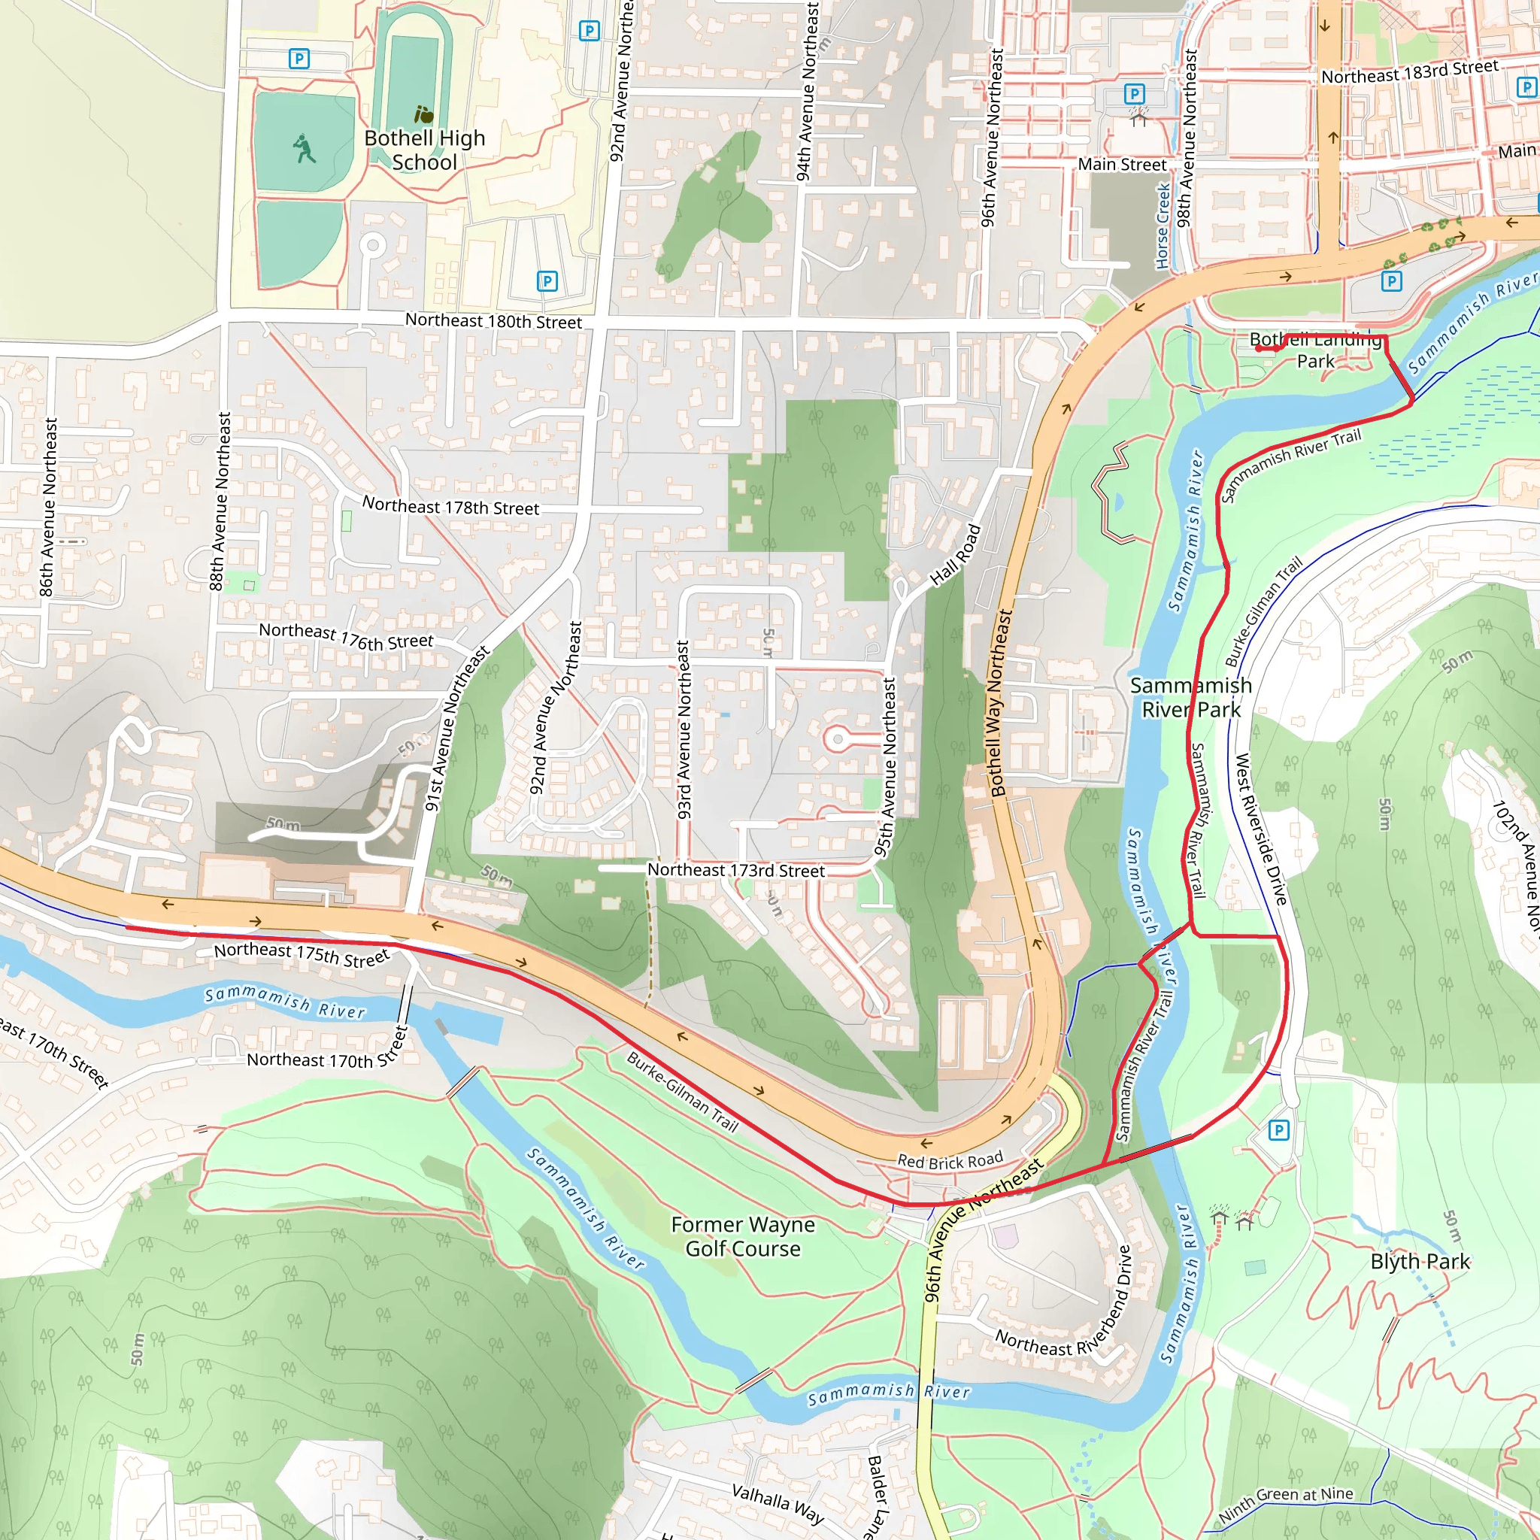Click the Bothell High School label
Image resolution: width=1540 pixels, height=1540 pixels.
[x=424, y=150]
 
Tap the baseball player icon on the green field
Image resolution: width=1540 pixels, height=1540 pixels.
[x=304, y=149]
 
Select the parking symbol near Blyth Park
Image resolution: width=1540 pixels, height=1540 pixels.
[x=1278, y=1129]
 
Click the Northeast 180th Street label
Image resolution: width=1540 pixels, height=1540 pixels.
[x=493, y=321]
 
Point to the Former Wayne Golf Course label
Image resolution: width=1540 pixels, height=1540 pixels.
[x=743, y=1236]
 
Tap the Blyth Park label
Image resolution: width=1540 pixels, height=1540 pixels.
[x=1420, y=1262]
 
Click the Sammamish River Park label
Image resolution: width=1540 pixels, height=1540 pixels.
[x=1191, y=698]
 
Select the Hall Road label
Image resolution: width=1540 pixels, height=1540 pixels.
[x=955, y=556]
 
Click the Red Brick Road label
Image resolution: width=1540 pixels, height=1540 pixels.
[x=950, y=1160]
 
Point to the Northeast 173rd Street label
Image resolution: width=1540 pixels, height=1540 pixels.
[x=735, y=871]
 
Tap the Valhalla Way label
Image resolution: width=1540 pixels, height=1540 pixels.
[x=778, y=1503]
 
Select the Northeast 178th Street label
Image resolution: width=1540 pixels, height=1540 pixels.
[x=450, y=506]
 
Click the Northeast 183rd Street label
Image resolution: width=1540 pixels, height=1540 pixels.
[x=1409, y=72]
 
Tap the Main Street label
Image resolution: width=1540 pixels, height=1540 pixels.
[x=1121, y=165]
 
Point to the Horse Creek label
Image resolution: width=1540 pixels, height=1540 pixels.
[x=1163, y=226]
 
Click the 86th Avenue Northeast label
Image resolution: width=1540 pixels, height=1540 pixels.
[x=49, y=507]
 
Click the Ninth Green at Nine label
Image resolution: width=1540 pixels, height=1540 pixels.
[x=1285, y=1502]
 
